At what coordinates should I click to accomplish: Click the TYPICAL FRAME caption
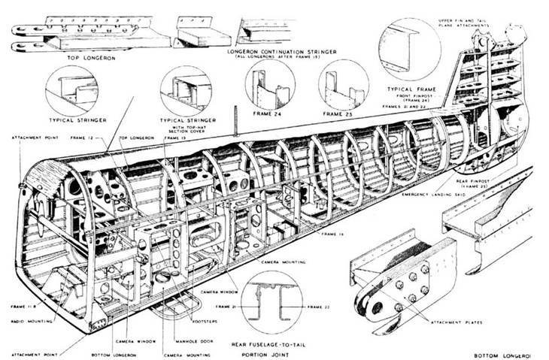[412, 89]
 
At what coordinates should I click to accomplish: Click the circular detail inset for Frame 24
[269, 85]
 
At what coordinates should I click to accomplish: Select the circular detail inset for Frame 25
[343, 85]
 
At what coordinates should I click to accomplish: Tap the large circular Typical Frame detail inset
[411, 48]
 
